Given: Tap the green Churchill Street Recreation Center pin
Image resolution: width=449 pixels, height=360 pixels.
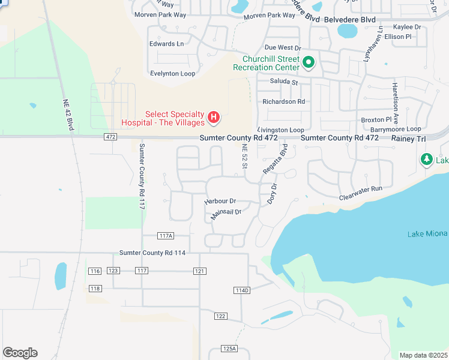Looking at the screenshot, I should (309, 62).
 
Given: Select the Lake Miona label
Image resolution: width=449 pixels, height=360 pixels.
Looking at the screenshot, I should (427, 234).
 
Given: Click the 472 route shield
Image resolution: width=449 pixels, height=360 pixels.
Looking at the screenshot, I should (109, 138).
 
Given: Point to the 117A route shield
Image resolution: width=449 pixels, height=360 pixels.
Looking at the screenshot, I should (166, 236).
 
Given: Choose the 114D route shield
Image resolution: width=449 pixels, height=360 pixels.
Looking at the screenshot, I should (241, 290).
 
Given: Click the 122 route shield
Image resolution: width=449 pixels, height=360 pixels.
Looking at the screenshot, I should (221, 316).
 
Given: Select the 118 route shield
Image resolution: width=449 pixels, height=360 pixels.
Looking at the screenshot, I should (95, 289).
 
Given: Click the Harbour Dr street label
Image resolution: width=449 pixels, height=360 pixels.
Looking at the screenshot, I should (220, 201).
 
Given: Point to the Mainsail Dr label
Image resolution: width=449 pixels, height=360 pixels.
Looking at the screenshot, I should (226, 212).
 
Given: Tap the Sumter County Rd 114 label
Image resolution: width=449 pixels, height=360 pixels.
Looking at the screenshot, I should (152, 253).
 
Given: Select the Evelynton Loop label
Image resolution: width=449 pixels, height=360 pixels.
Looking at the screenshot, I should (173, 73).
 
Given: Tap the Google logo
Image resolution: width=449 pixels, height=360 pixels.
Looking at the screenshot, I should (20, 353).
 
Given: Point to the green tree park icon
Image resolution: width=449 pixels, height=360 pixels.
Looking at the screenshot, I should (427, 159).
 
